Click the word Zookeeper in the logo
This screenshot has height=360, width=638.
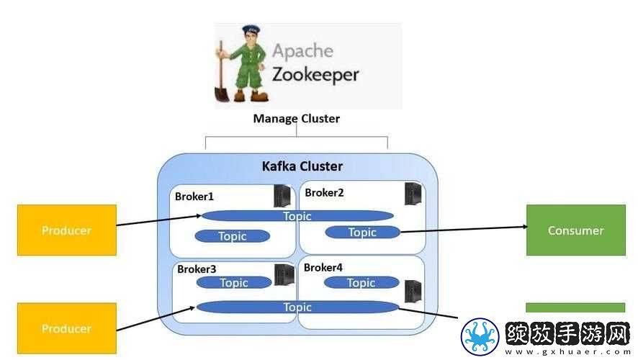pos(315,75)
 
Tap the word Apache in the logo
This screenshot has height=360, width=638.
pos(302,51)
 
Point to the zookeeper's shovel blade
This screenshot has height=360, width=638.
pos(222,93)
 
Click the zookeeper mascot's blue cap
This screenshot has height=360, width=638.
pos(251,31)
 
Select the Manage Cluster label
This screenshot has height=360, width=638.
pos(296,118)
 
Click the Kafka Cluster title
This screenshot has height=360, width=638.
pos(302,166)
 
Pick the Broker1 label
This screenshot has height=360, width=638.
pos(194,197)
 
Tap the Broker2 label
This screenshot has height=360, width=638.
pos(324,192)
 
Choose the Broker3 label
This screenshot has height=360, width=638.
pos(197,269)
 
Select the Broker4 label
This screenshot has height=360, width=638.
pos(323,267)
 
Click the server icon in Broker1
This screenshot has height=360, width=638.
pos(282,196)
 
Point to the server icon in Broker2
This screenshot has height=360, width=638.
pos(413,194)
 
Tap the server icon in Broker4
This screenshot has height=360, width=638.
pos(413,292)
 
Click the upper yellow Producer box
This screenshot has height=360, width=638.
pos(67,230)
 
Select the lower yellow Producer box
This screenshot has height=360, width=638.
pos(67,328)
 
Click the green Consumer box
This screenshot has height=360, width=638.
pos(576,230)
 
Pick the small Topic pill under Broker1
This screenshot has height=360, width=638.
pos(233,236)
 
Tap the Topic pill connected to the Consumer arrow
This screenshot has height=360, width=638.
pos(362,233)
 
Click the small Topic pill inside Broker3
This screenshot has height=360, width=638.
pos(234,283)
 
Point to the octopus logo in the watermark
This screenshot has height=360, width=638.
pos(480,337)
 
